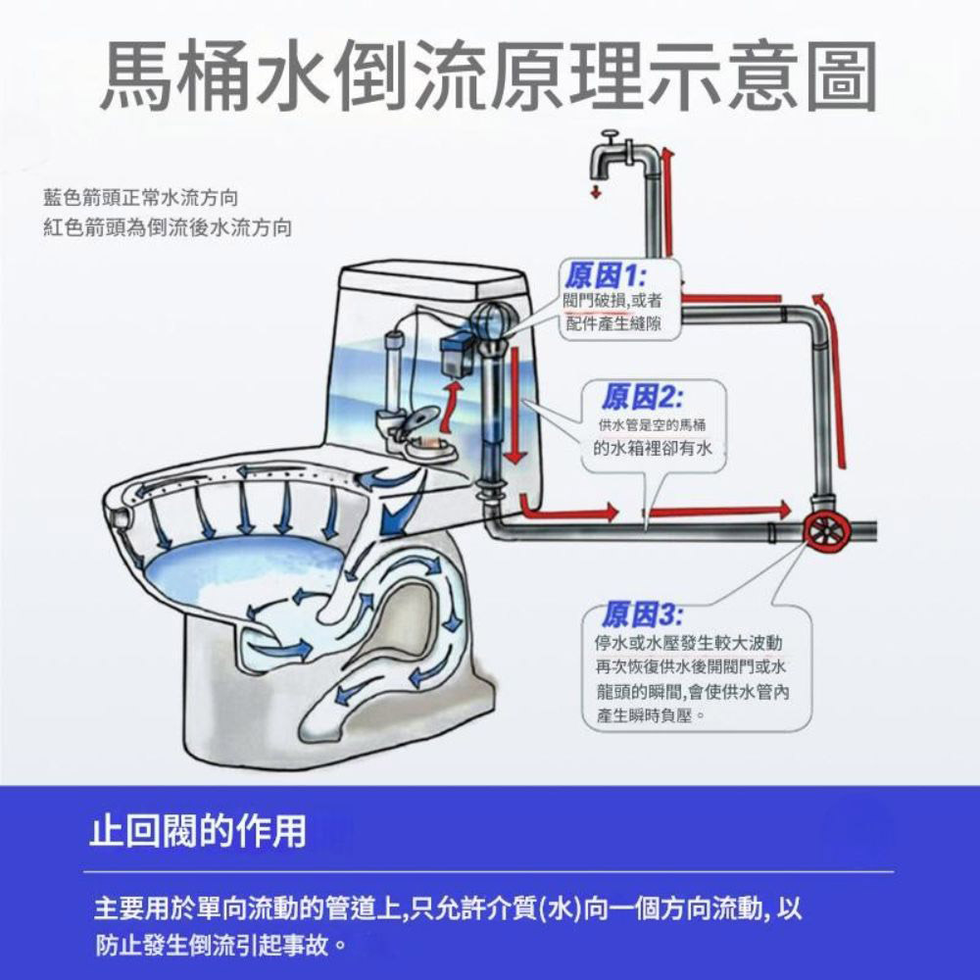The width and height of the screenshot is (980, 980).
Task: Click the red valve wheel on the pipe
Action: point(823,530)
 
